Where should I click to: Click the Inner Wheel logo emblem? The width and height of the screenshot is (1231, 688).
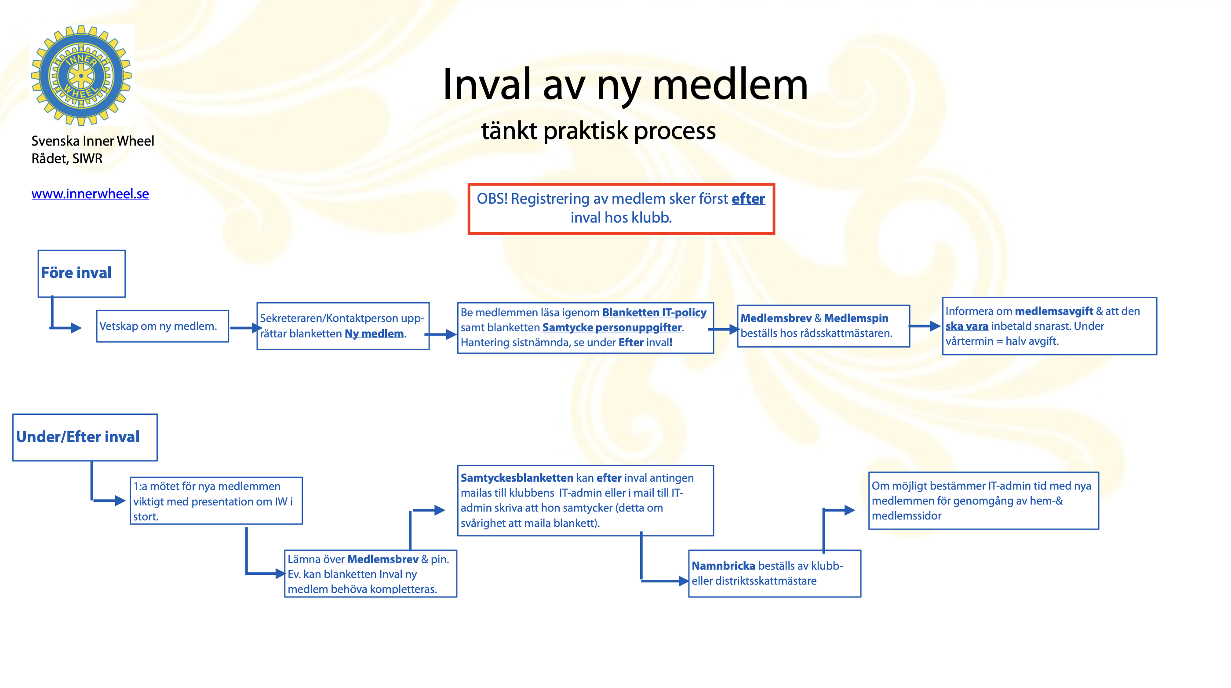81,76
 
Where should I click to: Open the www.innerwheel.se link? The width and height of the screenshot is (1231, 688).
90,194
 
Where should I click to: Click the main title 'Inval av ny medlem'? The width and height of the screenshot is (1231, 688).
625,84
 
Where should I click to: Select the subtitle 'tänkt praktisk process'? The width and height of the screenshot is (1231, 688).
598,131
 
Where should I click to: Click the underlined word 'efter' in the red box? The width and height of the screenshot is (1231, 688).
748,198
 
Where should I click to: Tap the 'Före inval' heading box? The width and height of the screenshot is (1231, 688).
81,273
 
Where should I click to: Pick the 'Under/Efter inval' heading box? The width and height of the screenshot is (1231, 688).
84,437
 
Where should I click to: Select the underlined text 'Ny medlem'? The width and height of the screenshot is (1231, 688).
374,334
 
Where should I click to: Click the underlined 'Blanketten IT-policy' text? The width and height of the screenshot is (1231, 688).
654,312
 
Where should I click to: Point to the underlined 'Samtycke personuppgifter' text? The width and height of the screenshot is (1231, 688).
612,328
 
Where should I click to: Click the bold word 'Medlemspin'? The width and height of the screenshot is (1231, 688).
856,318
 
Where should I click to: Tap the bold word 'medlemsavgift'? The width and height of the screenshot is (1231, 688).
1053,311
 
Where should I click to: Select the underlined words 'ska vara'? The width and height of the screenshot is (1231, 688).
966,326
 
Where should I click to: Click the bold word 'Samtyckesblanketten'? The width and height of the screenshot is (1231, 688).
517,478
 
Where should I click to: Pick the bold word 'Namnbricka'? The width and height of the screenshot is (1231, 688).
723,566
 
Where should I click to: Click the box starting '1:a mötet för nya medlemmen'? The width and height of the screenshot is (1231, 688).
216,501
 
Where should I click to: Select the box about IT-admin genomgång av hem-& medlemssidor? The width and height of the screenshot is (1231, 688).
983,501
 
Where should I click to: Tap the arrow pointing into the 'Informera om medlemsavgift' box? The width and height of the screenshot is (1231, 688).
924,326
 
